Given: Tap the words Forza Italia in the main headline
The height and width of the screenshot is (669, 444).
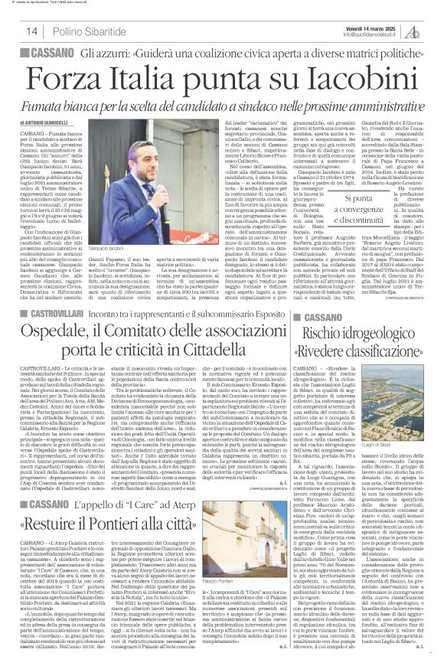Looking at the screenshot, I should (153, 79).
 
